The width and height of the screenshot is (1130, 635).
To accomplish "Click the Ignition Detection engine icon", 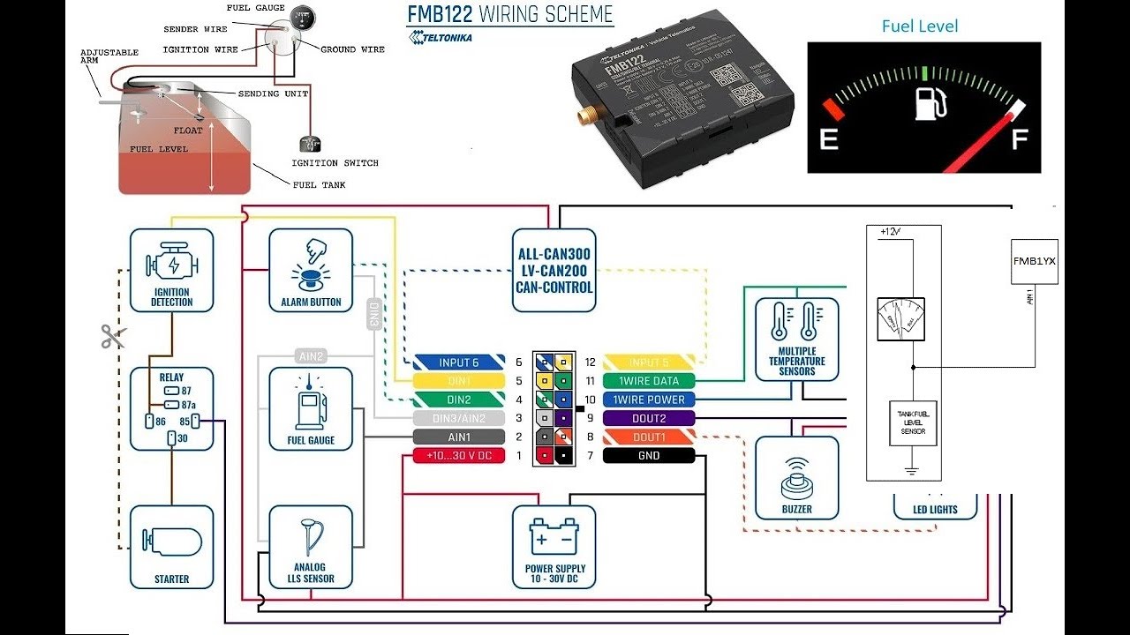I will [x=172, y=262].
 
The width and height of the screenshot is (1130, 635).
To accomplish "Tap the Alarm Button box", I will [x=311, y=270].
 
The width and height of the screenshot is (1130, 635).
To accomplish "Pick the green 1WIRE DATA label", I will [x=650, y=381].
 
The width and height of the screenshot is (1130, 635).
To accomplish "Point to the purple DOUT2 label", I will [x=650, y=418].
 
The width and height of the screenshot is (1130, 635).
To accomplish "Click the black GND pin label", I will [x=650, y=456].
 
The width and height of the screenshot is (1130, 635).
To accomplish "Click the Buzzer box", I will [x=796, y=477].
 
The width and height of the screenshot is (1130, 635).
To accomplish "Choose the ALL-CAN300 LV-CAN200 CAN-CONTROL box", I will [x=554, y=270].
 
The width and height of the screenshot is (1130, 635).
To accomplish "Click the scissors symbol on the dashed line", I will [x=113, y=336].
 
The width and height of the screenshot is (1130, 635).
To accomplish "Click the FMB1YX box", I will [x=1034, y=261].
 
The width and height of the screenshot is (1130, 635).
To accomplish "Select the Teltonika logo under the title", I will [x=441, y=37].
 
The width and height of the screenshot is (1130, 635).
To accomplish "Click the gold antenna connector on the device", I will [x=585, y=116].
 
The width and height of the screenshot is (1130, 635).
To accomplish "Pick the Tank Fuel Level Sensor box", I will [x=912, y=422].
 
